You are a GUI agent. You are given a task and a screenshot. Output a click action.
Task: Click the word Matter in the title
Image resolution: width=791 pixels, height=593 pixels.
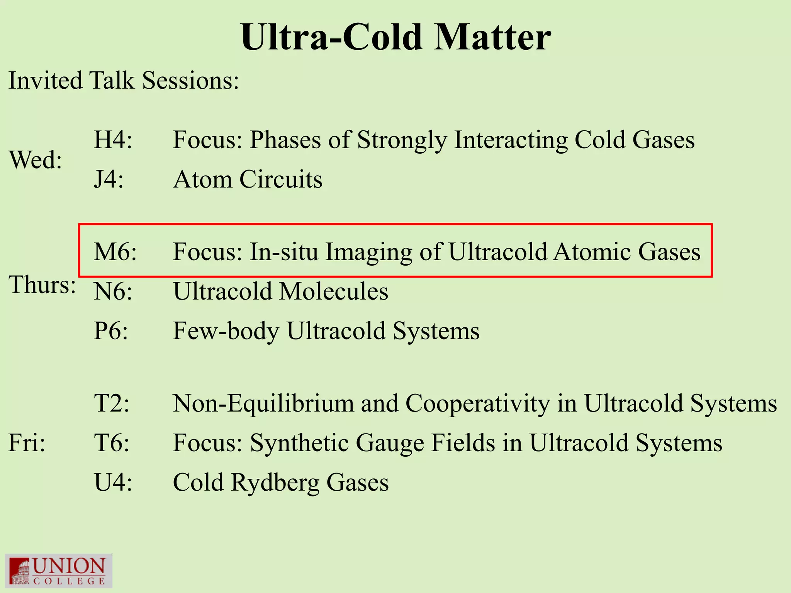[492, 37]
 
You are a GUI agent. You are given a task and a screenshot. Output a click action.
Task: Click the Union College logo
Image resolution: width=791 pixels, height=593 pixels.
[58, 571]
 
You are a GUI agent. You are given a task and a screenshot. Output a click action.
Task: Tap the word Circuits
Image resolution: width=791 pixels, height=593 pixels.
[281, 179]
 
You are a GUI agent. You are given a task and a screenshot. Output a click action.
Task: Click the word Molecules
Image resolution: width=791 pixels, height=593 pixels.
[333, 291]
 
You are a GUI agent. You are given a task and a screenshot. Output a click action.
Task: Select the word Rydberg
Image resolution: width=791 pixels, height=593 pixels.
[275, 482]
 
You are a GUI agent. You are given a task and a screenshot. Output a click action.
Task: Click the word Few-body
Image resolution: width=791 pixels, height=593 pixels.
[226, 331]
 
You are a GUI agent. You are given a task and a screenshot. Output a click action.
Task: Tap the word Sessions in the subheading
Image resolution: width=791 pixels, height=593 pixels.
[190, 81]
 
